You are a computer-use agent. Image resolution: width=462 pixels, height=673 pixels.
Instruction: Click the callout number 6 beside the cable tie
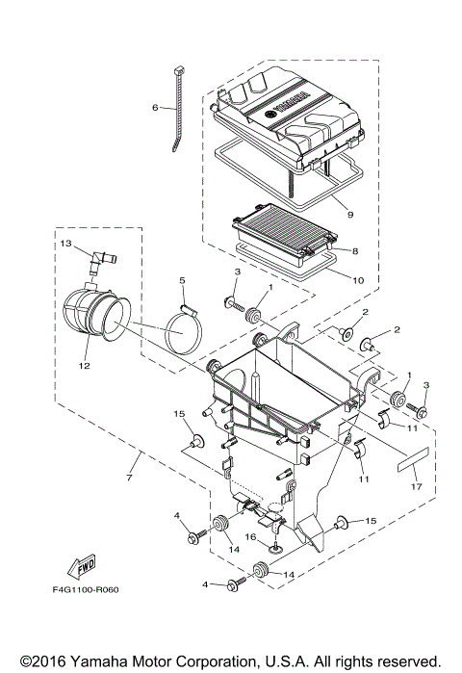coord(155,108)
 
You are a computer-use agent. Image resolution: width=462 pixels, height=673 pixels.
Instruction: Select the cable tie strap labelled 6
coord(177,111)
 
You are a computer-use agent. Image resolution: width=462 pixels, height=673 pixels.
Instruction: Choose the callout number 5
coord(180,281)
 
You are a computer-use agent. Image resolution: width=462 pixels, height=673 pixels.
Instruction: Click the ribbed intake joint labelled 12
coord(96,318)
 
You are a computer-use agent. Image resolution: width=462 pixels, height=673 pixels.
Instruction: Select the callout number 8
coord(355,250)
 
